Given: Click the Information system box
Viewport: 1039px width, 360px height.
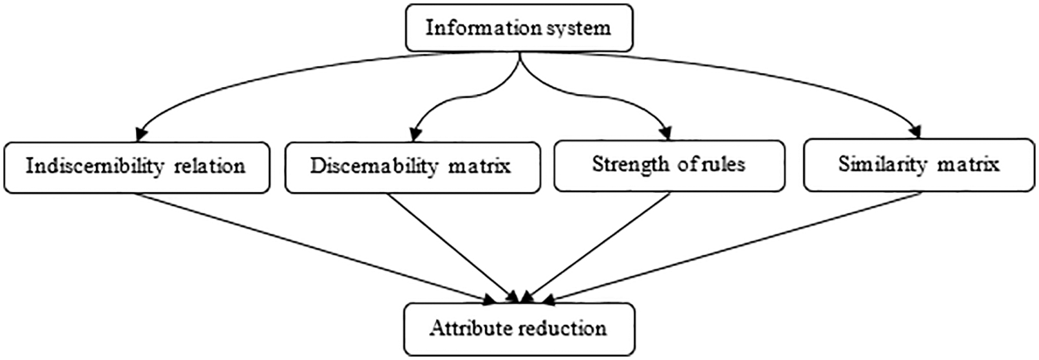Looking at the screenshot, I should point(518,29).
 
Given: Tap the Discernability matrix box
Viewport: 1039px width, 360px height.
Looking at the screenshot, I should point(412,167).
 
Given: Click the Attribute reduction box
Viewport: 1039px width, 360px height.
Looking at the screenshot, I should point(518,328).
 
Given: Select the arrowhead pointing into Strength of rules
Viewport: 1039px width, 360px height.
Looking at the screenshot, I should point(666,132).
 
